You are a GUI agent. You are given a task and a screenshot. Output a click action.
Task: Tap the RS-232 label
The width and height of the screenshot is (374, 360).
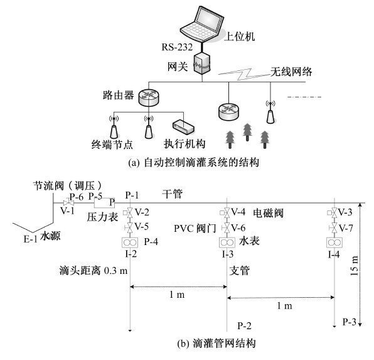point(177,47)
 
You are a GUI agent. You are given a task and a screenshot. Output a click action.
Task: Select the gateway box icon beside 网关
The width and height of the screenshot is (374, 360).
point(202,64)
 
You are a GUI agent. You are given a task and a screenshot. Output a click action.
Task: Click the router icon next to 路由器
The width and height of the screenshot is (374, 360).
point(148,97)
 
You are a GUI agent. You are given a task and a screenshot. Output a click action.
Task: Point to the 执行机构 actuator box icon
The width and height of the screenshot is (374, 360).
point(183,126)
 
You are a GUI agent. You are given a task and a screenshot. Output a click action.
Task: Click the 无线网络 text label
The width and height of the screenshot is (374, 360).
point(291,72)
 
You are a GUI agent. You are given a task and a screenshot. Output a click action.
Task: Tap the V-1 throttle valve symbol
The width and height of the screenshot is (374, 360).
point(68,204)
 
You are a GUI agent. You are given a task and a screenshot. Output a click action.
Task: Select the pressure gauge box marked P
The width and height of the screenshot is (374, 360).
point(104,203)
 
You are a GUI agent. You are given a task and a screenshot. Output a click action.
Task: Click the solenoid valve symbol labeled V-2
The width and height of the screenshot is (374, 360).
point(129,212)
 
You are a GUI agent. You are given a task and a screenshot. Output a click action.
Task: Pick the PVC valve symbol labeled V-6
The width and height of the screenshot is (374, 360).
point(226,228)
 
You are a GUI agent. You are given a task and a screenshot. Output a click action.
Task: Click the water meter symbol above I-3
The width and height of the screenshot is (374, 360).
point(227,243)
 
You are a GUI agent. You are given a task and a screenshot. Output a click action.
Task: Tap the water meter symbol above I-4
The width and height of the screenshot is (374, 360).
point(334,243)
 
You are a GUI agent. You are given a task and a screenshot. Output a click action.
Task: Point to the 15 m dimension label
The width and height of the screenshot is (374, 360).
point(355,265)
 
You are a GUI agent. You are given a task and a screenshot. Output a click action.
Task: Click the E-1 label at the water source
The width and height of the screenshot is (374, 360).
point(30,239)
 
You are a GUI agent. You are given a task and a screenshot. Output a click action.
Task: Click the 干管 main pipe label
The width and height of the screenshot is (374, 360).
point(173,194)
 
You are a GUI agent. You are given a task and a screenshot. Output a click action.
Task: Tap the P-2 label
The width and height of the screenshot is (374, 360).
point(245,325)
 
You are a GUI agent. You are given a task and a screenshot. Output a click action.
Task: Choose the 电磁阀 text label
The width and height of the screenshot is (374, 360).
point(269,212)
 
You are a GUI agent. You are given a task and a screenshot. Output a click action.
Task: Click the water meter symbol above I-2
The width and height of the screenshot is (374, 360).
point(130,243)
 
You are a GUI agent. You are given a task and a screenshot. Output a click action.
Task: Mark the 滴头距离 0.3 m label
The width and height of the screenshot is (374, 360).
point(93,271)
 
